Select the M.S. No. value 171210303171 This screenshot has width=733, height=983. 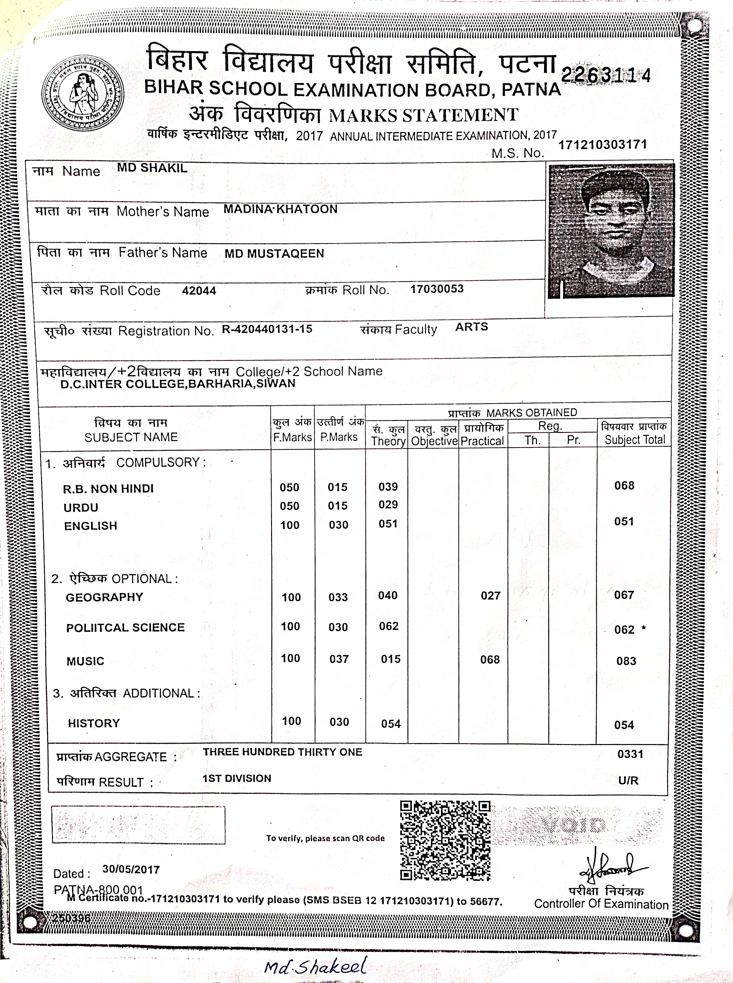(602, 145)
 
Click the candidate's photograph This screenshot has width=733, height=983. (611, 231)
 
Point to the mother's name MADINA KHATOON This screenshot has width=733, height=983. (280, 209)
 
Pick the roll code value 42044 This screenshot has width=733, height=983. (199, 291)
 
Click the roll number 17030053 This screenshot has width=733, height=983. (437, 289)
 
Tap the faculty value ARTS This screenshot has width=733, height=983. (472, 327)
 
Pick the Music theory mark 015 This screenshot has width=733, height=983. (391, 659)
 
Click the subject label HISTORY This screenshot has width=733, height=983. (94, 723)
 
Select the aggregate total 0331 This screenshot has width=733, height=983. (630, 754)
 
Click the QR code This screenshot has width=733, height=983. (445, 840)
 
